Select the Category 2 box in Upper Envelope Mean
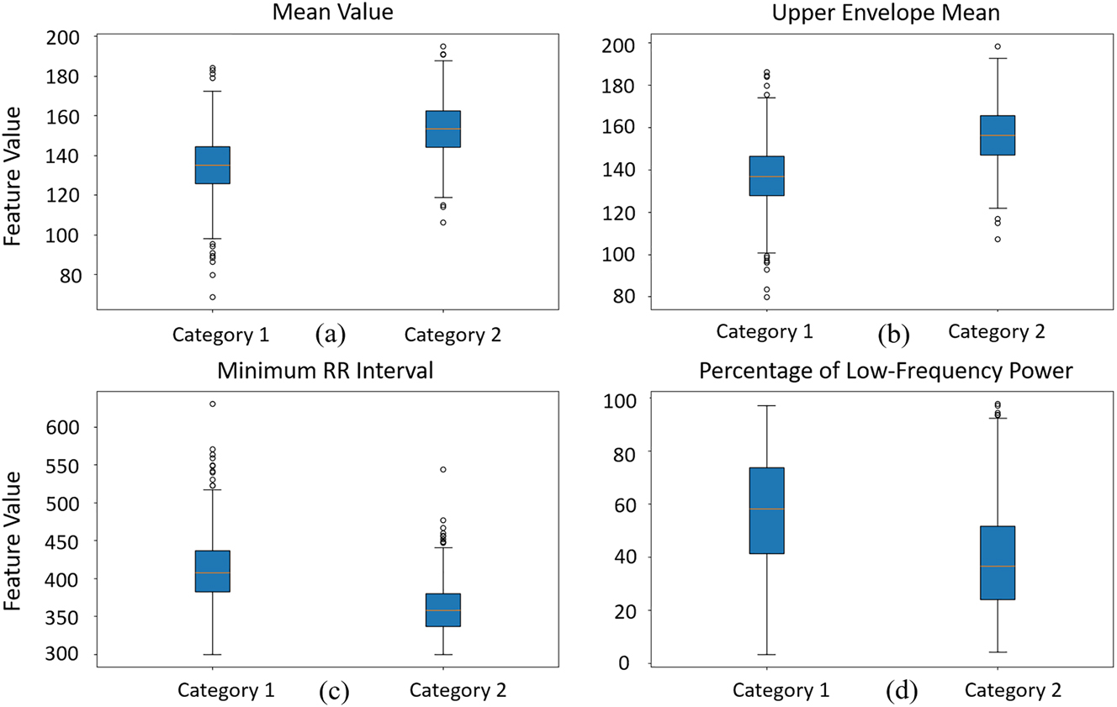click(x=998, y=135)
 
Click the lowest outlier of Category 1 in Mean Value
click(x=213, y=297)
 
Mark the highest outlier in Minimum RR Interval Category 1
click(x=213, y=404)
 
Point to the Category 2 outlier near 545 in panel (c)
click(x=442, y=469)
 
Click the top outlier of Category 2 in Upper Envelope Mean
click(x=998, y=46)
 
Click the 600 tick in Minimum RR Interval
click(x=64, y=427)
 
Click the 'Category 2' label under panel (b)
click(x=997, y=332)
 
